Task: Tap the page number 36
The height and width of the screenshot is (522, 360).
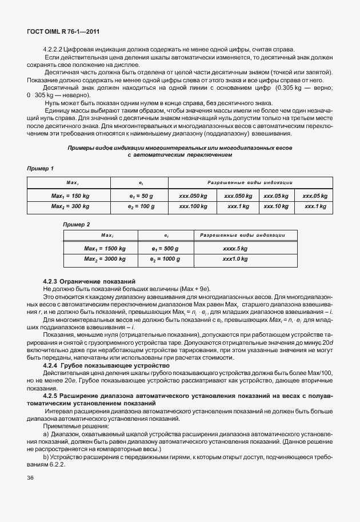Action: [x=30, y=478]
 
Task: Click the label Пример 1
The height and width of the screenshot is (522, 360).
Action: [x=41, y=169]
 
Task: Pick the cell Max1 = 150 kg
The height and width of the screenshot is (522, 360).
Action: [x=70, y=196]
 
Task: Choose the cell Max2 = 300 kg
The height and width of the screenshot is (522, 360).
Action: [x=70, y=206]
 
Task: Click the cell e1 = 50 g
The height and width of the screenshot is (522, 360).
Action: [x=141, y=196]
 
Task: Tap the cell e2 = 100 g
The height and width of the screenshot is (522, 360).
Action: [x=141, y=206]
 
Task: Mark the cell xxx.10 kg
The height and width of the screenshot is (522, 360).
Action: [x=275, y=206]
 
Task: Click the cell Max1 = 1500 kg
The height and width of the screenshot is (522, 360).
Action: [x=105, y=249]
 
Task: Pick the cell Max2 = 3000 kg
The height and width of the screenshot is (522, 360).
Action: [x=105, y=259]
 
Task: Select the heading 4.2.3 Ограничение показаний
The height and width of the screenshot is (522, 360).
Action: [x=89, y=282]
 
